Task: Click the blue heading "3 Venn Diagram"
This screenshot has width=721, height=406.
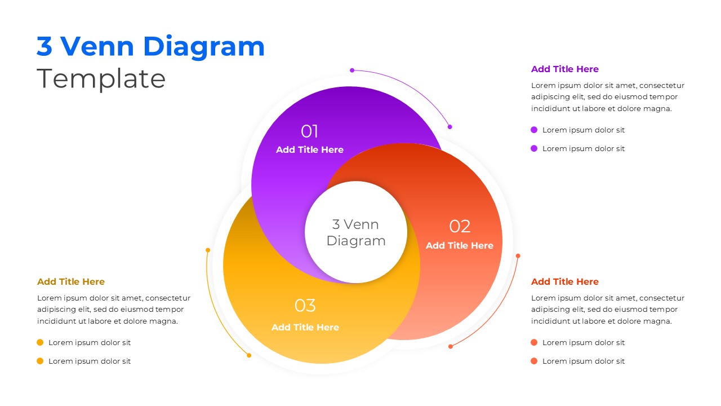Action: click(150, 46)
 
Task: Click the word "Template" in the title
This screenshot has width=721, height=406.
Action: click(101, 79)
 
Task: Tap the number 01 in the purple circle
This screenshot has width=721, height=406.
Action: click(309, 131)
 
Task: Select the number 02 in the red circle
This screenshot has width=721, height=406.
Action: click(460, 227)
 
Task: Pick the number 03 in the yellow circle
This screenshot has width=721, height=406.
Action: click(305, 306)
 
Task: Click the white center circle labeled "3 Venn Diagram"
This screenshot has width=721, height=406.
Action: click(355, 232)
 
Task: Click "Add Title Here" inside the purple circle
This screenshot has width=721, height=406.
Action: click(309, 150)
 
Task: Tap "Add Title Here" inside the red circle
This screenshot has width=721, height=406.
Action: click(459, 246)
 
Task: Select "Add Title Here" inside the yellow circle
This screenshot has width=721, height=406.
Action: click(305, 328)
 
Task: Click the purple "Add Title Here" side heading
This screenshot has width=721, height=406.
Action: click(564, 69)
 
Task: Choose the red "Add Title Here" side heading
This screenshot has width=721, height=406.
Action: click(564, 282)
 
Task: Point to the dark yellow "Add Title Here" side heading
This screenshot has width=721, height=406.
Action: click(71, 282)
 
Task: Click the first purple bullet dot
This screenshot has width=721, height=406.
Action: click(534, 130)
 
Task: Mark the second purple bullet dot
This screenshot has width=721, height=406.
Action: click(534, 149)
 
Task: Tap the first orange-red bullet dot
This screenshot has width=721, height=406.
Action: click(534, 343)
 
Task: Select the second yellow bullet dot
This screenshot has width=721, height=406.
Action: click(40, 361)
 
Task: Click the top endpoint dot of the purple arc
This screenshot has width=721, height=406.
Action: click(352, 70)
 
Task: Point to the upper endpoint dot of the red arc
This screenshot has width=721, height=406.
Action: click(518, 256)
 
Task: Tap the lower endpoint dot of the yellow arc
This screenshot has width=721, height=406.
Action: click(249, 355)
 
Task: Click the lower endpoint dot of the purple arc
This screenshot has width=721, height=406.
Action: click(449, 127)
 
